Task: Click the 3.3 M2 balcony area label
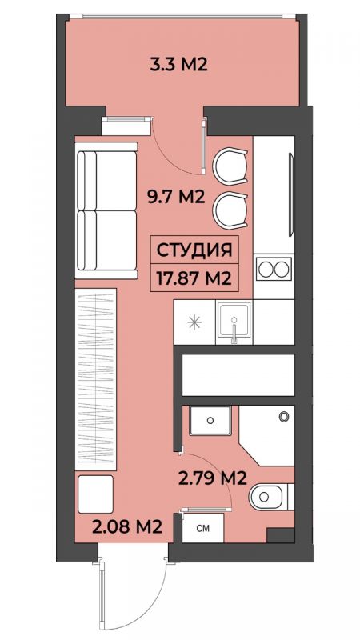(x=178, y=65)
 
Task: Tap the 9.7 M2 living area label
(x=175, y=198)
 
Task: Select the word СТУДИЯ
(x=194, y=250)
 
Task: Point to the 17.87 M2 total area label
(x=194, y=278)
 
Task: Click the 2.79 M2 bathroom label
(x=213, y=478)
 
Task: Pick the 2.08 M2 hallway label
(x=127, y=527)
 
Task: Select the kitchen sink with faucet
(x=233, y=322)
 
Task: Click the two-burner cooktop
(x=274, y=270)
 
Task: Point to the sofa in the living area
(x=106, y=210)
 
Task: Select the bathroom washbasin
(x=210, y=421)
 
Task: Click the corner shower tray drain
(x=284, y=416)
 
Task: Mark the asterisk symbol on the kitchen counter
(x=194, y=322)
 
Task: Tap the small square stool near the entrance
(x=94, y=494)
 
